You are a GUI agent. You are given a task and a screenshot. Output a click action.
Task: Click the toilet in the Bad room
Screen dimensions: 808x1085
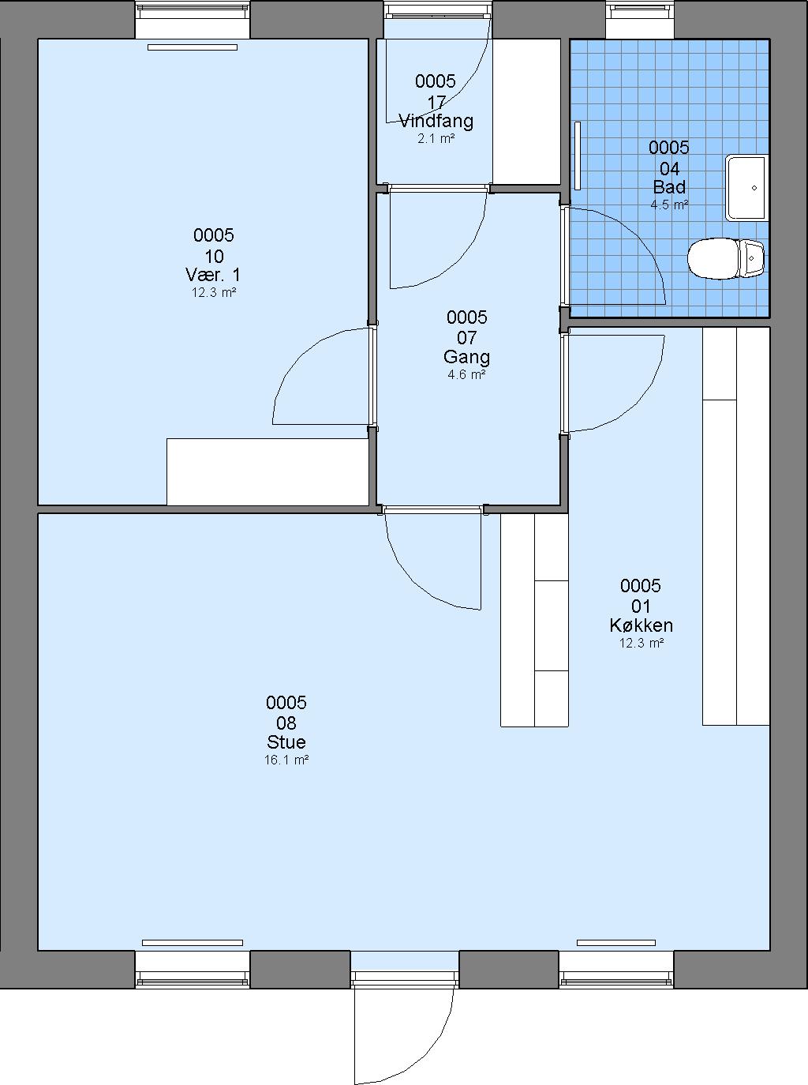pos(726,258)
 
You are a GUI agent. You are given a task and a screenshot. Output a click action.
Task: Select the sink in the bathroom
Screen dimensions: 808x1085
pos(746,188)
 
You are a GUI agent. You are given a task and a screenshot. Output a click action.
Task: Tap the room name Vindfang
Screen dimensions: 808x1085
pos(436,121)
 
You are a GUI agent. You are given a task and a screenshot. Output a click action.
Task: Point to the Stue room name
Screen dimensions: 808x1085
pos(286,742)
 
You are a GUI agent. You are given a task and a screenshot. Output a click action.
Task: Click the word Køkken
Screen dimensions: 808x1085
pos(641,625)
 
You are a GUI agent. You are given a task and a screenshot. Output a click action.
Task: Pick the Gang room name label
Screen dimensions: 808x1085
pos(466,357)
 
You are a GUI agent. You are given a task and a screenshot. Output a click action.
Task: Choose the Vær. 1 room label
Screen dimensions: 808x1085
pos(213,274)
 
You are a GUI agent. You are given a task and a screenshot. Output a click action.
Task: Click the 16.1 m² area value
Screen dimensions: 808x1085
pos(286,760)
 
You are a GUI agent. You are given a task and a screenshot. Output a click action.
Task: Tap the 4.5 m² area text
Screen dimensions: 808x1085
pos(669,205)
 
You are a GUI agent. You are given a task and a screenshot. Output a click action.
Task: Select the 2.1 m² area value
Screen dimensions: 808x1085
pos(436,139)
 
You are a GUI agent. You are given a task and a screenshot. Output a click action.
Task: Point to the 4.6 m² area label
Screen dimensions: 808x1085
pos(466,374)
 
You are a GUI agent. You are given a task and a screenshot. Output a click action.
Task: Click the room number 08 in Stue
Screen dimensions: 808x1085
pos(286,723)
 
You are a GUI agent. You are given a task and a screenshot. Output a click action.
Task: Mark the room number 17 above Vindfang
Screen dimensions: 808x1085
pos(436,103)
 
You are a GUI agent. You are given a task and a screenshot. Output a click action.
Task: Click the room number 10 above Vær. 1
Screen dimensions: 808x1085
pos(214,256)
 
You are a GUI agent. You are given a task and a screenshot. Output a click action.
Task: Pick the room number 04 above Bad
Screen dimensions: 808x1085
pos(669,169)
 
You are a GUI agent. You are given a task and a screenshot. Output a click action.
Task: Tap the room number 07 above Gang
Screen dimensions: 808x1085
pos(466,338)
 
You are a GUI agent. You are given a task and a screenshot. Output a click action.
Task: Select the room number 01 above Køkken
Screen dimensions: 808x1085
pos(641,606)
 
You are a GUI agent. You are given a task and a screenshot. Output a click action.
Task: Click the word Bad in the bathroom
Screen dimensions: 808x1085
pos(669,187)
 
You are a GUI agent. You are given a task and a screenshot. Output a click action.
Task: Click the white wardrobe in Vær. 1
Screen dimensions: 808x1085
pos(267,471)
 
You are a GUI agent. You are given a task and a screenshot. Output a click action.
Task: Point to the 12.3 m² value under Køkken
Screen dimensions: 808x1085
pos(641,643)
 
